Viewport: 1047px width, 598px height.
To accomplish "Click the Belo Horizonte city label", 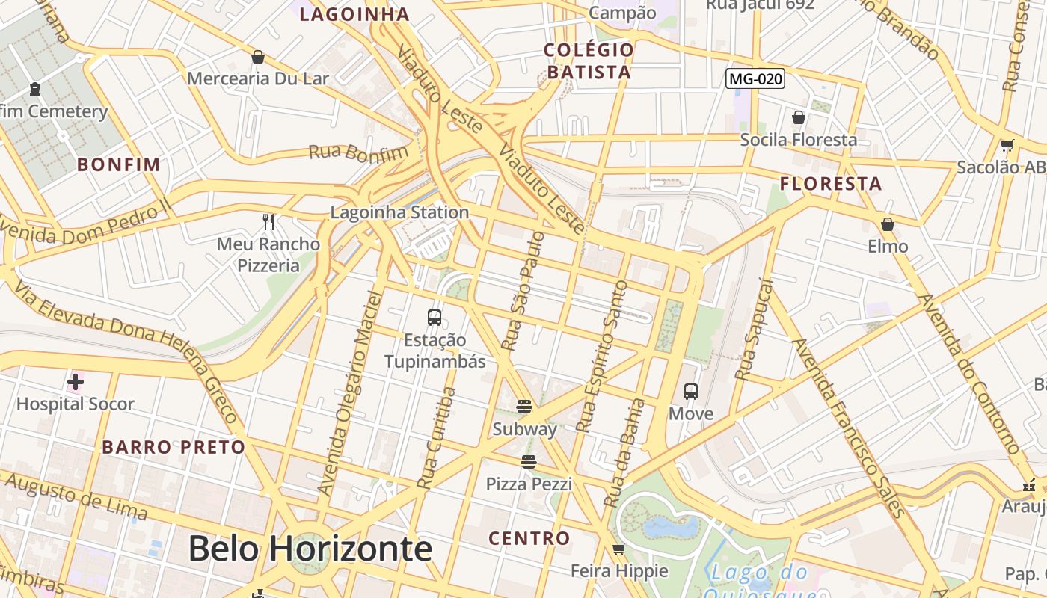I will [x=310, y=549].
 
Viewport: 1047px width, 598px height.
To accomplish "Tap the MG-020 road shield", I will [x=755, y=78].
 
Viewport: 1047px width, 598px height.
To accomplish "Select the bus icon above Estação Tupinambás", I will [x=435, y=317].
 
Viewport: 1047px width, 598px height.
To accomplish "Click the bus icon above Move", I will [x=691, y=391].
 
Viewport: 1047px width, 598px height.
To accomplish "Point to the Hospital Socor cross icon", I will [x=75, y=383].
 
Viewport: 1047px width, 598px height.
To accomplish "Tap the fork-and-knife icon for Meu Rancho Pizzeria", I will [x=268, y=221].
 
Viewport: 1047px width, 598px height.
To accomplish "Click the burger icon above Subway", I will [x=524, y=407].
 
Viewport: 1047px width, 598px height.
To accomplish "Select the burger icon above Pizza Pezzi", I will [x=529, y=462].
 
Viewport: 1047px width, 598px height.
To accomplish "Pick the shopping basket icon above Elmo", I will [x=888, y=224].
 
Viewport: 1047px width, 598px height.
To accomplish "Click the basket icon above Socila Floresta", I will [x=799, y=117].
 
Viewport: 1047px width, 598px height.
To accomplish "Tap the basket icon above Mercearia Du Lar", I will [x=258, y=56].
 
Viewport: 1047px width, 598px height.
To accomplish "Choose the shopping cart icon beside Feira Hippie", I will [x=618, y=549].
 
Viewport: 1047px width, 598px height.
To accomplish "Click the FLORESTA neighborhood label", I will [x=831, y=184].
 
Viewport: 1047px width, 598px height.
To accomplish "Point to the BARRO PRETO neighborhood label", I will [x=174, y=448].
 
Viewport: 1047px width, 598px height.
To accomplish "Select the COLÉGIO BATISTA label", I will [x=589, y=61].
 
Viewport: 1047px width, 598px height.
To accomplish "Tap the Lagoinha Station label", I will [x=399, y=212].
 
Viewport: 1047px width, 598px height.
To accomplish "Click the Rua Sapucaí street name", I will [x=753, y=328].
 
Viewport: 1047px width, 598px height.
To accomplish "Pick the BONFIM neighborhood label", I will [x=119, y=164].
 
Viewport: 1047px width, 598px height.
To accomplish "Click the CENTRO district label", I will [x=529, y=538].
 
